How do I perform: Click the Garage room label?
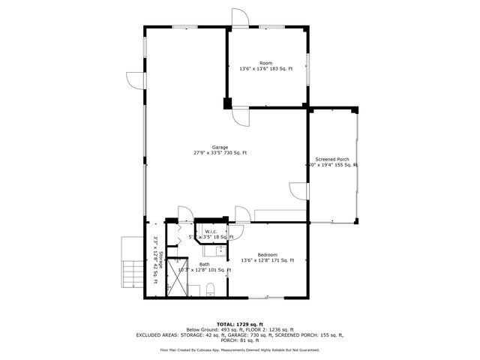pos(220,147)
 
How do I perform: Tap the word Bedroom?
pos(267,254)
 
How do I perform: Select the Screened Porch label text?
pos(331,159)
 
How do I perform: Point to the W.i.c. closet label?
pos(211,231)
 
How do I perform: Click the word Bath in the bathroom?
pos(205,264)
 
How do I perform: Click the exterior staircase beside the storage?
pos(130,270)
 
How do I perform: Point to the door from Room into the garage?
pos(241,115)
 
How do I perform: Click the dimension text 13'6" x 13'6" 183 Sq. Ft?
pos(266,69)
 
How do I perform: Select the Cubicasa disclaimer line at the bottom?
pos(240,350)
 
